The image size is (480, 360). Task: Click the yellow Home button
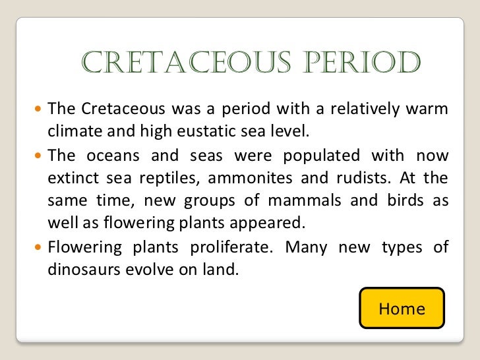point(401,308)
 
